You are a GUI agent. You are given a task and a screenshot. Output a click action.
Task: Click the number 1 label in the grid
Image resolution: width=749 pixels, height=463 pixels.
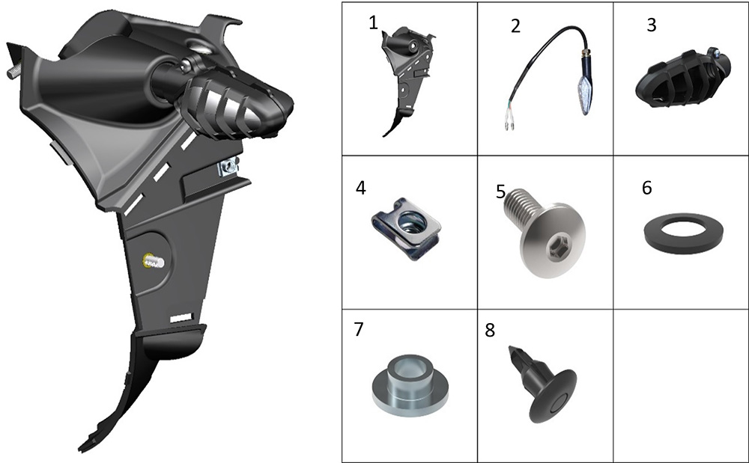373,23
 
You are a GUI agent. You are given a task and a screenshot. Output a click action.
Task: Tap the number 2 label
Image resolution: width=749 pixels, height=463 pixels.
515,25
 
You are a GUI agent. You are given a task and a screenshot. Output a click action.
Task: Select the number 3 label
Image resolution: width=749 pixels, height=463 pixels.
652,25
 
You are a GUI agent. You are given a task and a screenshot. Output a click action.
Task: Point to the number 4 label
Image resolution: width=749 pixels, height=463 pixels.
361,188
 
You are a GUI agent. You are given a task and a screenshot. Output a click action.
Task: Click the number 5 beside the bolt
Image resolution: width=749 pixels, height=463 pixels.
500,191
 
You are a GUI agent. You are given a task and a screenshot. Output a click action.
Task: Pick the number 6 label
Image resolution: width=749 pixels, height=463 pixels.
647,188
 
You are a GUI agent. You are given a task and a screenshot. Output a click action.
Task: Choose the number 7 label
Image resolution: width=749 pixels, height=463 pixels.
359,329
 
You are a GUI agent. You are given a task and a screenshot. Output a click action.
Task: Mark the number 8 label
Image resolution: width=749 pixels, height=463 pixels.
490,330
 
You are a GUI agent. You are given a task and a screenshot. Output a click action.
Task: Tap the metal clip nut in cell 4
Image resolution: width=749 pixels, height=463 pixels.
406,228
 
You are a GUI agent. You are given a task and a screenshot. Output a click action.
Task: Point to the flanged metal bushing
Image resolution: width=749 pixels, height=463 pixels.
410,385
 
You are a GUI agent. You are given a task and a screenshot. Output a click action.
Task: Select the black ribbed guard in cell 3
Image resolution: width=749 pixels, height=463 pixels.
682,79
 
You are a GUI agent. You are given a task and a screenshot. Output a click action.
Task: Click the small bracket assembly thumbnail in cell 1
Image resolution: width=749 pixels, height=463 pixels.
407,81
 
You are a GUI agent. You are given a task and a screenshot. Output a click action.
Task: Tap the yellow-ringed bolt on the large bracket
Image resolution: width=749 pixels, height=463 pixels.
153,261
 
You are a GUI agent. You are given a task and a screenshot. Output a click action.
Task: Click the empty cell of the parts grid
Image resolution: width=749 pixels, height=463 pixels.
681,385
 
